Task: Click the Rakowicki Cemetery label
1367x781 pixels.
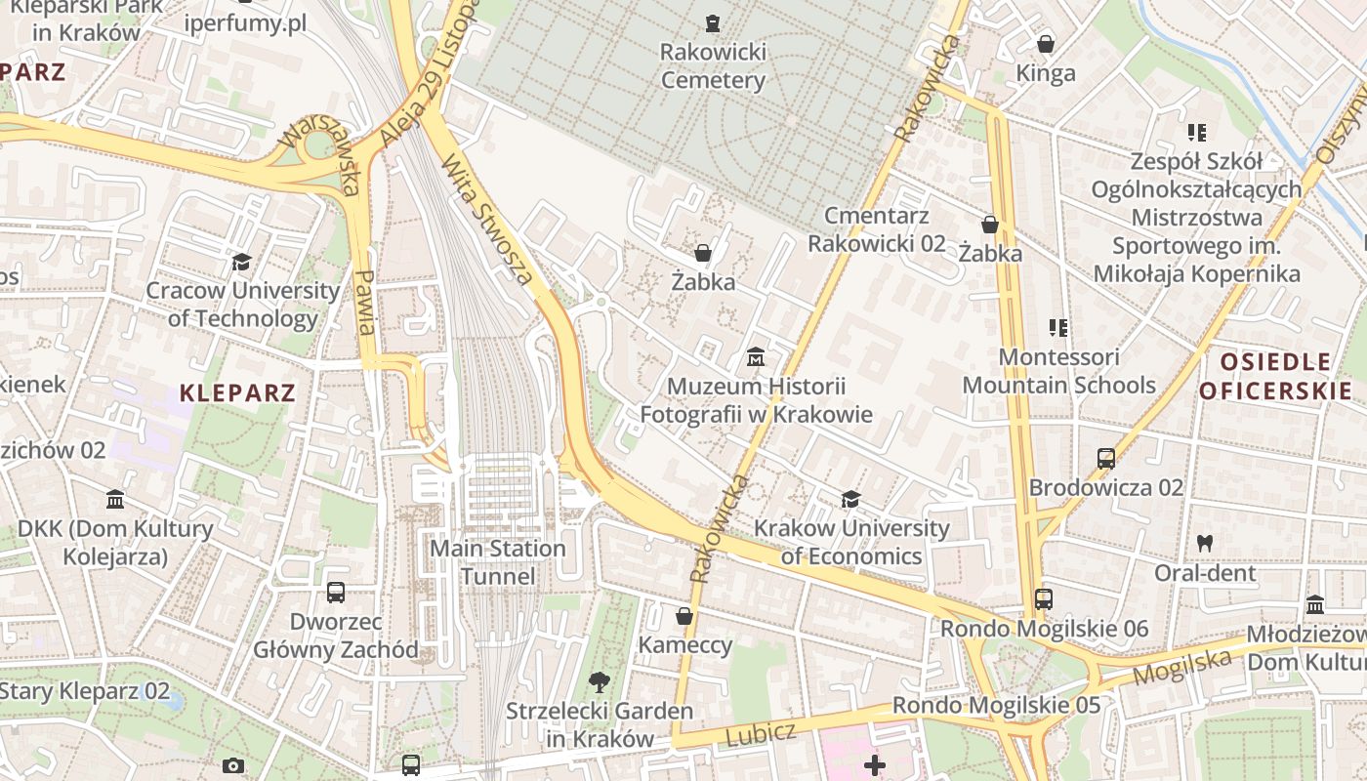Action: pyautogui.click(x=713, y=65)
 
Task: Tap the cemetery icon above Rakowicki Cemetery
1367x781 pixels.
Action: pyautogui.click(x=713, y=21)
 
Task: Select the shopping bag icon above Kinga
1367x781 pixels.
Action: pyautogui.click(x=1045, y=43)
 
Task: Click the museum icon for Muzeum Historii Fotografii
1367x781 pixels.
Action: pyautogui.click(x=755, y=357)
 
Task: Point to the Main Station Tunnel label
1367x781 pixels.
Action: pyautogui.click(x=498, y=562)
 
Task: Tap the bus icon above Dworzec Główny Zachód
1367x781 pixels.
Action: pyautogui.click(x=335, y=592)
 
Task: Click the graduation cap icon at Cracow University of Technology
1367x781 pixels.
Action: pyautogui.click(x=241, y=261)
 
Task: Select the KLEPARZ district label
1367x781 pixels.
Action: pyautogui.click(x=237, y=393)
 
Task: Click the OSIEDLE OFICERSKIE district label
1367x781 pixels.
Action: pyautogui.click(x=1275, y=377)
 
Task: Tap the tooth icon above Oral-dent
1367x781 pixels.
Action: pyautogui.click(x=1205, y=543)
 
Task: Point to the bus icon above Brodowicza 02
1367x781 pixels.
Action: pyautogui.click(x=1105, y=458)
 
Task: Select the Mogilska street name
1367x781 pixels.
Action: pyautogui.click(x=1181, y=668)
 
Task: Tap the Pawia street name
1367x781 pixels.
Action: pyautogui.click(x=366, y=303)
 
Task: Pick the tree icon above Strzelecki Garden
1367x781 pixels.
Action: pyautogui.click(x=599, y=681)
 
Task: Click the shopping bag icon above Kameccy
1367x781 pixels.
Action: pyautogui.click(x=684, y=616)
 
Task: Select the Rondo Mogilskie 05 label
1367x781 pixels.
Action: pyautogui.click(x=996, y=705)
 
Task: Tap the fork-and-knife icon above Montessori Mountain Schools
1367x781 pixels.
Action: pyautogui.click(x=1058, y=327)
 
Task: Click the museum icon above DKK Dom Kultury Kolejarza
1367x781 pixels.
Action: pyautogui.click(x=115, y=499)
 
